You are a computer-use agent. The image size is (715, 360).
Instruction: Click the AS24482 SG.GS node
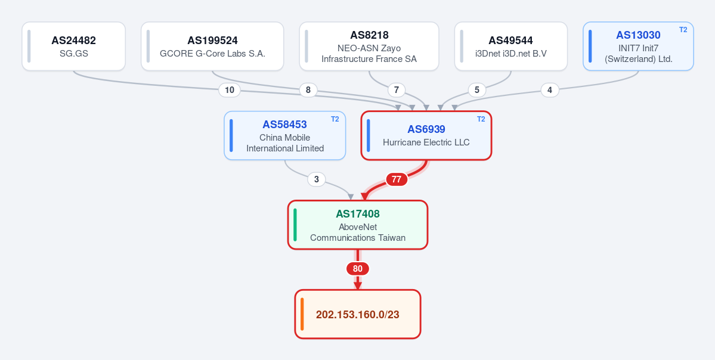tap(73, 46)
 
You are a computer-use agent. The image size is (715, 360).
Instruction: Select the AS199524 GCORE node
tap(212, 46)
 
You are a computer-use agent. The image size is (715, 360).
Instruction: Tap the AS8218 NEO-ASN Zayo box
tap(369, 46)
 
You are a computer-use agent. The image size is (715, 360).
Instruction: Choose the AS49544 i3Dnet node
tap(510, 46)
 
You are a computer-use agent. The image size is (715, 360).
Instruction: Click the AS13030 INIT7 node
tap(638, 46)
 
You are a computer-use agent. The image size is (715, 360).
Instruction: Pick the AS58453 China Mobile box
tap(284, 135)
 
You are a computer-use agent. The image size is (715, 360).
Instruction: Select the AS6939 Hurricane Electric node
tap(426, 135)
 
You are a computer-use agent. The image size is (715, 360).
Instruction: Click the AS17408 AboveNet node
tap(358, 225)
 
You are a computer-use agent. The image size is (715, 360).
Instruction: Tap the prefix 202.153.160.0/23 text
tap(358, 315)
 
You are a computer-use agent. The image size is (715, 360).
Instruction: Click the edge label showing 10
tap(230, 90)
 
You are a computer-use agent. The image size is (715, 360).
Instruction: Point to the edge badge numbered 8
tap(308, 90)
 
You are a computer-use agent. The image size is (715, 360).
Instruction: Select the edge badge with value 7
tap(396, 90)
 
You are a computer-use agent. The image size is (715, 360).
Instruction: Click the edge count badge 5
tap(477, 90)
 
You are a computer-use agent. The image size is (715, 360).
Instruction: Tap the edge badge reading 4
tap(550, 90)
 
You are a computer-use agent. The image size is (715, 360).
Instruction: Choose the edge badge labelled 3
tap(317, 179)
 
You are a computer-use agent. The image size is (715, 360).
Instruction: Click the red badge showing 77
tap(396, 179)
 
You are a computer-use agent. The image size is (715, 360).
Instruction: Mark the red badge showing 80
tap(358, 269)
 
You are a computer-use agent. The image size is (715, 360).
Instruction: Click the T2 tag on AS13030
tap(683, 30)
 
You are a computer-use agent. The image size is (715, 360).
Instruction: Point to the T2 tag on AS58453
tap(335, 119)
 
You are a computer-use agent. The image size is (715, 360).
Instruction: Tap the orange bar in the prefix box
tap(302, 314)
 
